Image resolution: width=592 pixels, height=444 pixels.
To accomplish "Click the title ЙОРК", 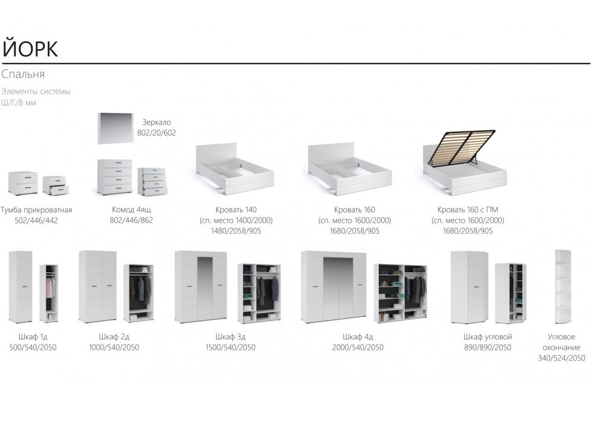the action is point(30,49).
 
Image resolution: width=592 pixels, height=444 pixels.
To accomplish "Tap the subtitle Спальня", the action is point(23,74).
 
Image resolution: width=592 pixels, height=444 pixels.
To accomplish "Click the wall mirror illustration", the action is point(115,128).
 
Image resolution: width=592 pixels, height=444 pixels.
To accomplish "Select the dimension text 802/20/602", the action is point(156,133).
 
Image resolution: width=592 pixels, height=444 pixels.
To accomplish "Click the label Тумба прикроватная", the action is point(36,210).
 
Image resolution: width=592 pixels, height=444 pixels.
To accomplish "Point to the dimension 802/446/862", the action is point(131,220).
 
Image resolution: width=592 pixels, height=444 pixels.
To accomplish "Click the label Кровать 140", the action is point(236,210).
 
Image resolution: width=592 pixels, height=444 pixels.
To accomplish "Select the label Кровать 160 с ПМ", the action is point(468,210).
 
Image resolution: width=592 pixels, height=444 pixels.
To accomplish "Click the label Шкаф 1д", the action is point(33,337).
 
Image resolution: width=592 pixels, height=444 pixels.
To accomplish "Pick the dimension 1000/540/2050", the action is point(114,348).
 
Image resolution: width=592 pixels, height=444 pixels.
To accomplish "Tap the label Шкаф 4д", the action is point(358,337).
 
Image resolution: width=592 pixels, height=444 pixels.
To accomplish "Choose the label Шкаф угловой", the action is point(487,337).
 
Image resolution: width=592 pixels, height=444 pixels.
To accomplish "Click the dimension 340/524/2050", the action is point(561,358).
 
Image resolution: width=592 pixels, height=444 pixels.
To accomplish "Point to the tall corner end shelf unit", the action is point(562,287).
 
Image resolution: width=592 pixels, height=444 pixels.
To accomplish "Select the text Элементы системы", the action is point(36,91).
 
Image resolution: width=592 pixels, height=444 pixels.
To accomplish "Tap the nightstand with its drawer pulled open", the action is point(56,186).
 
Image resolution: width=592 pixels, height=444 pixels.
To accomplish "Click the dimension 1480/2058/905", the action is point(236,231).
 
